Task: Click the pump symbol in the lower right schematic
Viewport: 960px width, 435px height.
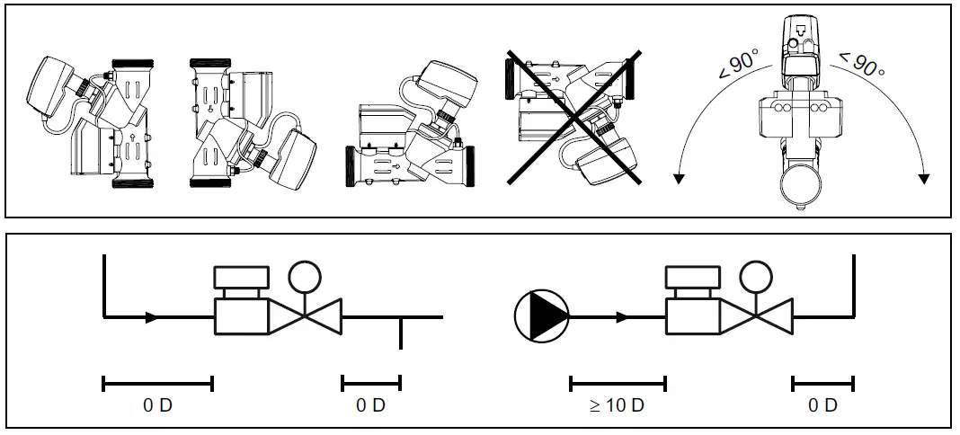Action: tap(543, 317)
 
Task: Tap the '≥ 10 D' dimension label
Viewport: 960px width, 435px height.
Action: tap(617, 405)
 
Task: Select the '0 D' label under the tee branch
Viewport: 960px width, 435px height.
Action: tap(370, 405)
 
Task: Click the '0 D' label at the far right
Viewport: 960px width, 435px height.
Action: tap(822, 405)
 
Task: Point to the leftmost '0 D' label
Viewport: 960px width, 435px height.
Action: tap(157, 405)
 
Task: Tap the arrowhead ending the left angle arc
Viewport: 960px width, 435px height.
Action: tap(679, 177)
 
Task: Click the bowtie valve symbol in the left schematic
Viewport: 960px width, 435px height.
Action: tap(306, 317)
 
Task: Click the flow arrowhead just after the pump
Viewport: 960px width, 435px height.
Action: tap(622, 317)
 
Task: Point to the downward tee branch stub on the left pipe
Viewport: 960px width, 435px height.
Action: tap(400, 333)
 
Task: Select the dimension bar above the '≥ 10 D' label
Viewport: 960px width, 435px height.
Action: tap(618, 384)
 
